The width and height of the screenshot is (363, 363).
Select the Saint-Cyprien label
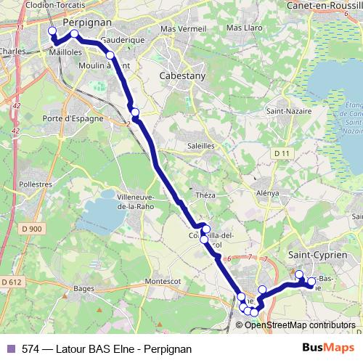pyautogui.click(x=325, y=256)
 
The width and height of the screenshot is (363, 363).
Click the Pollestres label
pyautogui.click(x=35, y=186)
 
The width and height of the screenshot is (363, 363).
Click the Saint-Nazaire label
pyautogui.click(x=284, y=111)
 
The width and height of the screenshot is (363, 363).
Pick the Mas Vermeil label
pyautogui.click(x=179, y=28)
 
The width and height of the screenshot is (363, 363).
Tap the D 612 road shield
pyautogui.click(x=12, y=282)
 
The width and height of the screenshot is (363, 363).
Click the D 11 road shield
pyautogui.click(x=282, y=153)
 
